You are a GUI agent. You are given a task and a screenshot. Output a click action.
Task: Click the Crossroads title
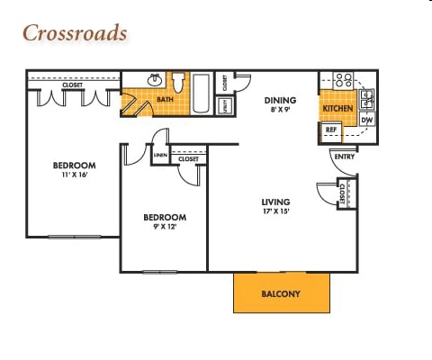(x=75, y=33)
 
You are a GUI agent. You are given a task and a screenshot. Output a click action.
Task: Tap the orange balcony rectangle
(x=281, y=293)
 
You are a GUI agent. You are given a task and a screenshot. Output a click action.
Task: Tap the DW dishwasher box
(x=367, y=120)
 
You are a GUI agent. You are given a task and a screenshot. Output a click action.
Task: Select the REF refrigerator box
(x=330, y=131)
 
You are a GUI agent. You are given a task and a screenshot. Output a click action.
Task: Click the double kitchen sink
(x=367, y=97)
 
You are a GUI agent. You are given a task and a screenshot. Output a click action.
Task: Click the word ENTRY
(x=344, y=157)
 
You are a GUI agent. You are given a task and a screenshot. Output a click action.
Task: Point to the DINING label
(x=280, y=101)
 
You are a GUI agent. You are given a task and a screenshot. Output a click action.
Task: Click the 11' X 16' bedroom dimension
(x=74, y=175)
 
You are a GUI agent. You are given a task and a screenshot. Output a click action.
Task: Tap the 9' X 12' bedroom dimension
(x=165, y=228)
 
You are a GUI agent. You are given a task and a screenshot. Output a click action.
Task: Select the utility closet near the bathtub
(x=224, y=105)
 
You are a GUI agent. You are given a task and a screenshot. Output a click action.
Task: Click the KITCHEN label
(x=337, y=108)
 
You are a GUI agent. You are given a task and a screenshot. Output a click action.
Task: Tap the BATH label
(x=165, y=100)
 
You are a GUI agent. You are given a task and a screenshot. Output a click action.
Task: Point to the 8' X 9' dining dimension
(x=280, y=111)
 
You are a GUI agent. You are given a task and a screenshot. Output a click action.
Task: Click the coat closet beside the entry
(x=343, y=193)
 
